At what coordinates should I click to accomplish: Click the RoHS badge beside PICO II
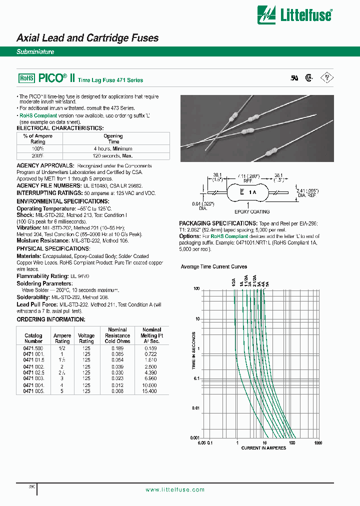tap(26, 78)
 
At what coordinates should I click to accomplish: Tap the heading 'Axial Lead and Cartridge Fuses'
tap(87, 38)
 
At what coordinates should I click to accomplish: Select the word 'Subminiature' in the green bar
tap(35, 52)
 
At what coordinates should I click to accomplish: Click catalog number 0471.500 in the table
tap(33, 347)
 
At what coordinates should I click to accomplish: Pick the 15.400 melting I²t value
tap(151, 391)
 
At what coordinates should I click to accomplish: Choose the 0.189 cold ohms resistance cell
tap(117, 347)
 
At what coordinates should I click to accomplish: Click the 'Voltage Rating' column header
tap(86, 338)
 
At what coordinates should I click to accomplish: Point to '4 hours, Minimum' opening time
tap(113, 148)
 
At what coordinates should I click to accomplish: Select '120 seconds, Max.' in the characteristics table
tap(113, 156)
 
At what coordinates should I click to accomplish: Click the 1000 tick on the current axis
tap(317, 442)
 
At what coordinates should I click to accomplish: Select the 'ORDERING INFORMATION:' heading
tap(51, 319)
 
